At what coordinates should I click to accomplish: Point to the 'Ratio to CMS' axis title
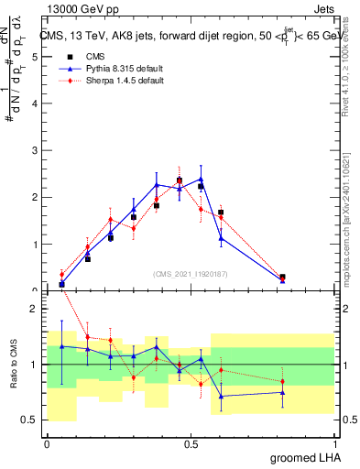(14, 365)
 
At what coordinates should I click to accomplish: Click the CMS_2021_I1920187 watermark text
(191, 273)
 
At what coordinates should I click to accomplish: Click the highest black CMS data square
(180, 180)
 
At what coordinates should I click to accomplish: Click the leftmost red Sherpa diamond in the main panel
(61, 274)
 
